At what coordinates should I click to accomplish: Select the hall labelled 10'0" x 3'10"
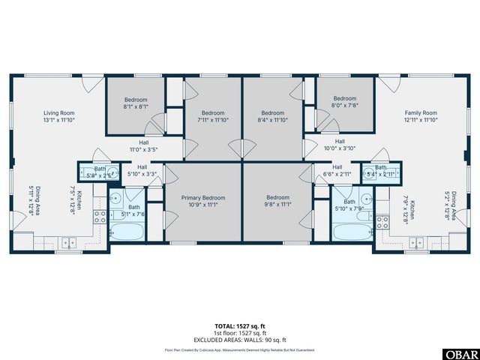coord(339,145)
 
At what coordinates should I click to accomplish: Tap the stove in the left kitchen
coord(99,218)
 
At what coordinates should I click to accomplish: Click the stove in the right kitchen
coord(382,220)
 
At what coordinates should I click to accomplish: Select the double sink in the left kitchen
coord(68,241)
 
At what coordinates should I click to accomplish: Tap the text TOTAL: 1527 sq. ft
coord(239,325)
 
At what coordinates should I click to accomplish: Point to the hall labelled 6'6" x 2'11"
coord(337,170)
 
